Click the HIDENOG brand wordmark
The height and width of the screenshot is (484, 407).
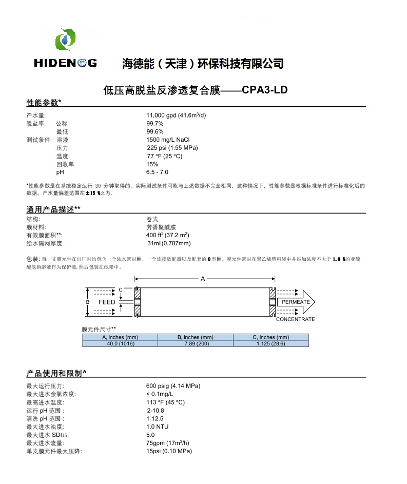pyautogui.click(x=65, y=63)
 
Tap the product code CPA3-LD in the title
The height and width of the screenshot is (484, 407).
pyautogui.click(x=264, y=91)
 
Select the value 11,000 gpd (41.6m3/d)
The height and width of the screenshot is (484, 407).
pyautogui.click(x=176, y=115)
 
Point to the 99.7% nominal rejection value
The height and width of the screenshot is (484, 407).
pyautogui.click(x=155, y=124)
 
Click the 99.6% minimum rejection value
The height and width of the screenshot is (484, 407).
pyautogui.click(x=155, y=132)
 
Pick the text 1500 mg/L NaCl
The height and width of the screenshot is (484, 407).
pyautogui.click(x=168, y=140)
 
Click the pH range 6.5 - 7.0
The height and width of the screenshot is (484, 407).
pyautogui.click(x=157, y=172)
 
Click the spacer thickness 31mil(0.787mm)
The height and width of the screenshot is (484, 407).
pyautogui.click(x=169, y=243)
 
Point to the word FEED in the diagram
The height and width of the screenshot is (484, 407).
pyautogui.click(x=107, y=302)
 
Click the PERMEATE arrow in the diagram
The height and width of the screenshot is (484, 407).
pyautogui.click(x=296, y=302)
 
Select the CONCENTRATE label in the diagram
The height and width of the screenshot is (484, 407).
pyautogui.click(x=295, y=319)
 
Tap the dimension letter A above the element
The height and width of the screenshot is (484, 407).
pyautogui.click(x=203, y=279)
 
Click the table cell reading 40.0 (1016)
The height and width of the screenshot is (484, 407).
pyautogui.click(x=120, y=343)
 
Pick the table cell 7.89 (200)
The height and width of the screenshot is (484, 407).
pyautogui.click(x=195, y=343)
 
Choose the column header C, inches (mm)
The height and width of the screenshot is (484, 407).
pyautogui.click(x=271, y=337)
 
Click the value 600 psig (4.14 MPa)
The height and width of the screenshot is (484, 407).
pyautogui.click(x=173, y=386)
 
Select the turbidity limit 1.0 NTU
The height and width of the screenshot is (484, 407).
pyautogui.click(x=158, y=427)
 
